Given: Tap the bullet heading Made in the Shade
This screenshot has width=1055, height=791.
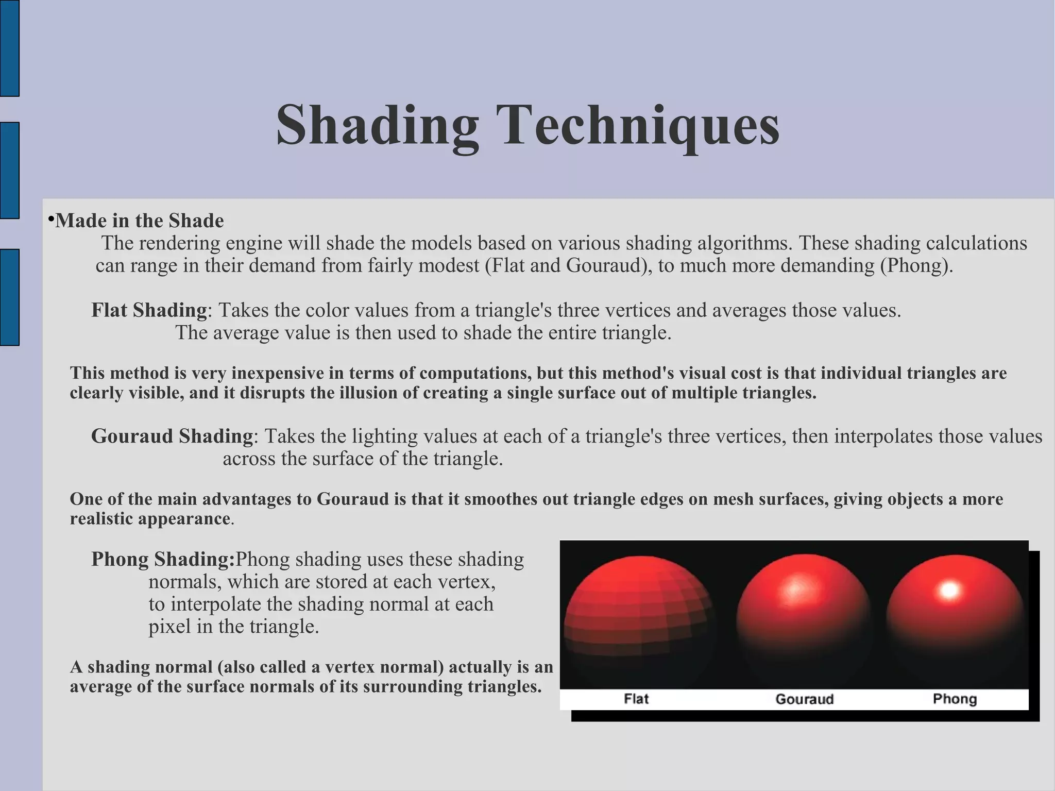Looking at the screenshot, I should click(x=139, y=221).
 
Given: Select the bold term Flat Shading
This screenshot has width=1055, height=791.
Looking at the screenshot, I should click(x=149, y=310).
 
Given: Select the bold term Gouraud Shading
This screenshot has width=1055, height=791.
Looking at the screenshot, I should click(x=172, y=436).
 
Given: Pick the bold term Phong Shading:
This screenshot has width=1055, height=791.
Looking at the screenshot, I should click(x=163, y=560).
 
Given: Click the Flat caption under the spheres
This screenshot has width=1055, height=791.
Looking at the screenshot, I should click(x=636, y=699).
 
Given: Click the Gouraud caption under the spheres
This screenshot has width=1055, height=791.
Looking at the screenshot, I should click(x=804, y=699).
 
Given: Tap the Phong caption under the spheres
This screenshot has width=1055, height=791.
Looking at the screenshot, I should click(x=955, y=699).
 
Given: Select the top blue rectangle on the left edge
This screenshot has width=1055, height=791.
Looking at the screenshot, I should click(x=9, y=48).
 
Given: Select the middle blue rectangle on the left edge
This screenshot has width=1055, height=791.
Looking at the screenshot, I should click(x=9, y=171).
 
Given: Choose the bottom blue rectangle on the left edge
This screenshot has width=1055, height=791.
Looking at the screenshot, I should click(x=9, y=297).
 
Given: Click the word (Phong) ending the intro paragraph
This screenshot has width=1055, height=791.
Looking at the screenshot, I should click(x=916, y=266).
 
